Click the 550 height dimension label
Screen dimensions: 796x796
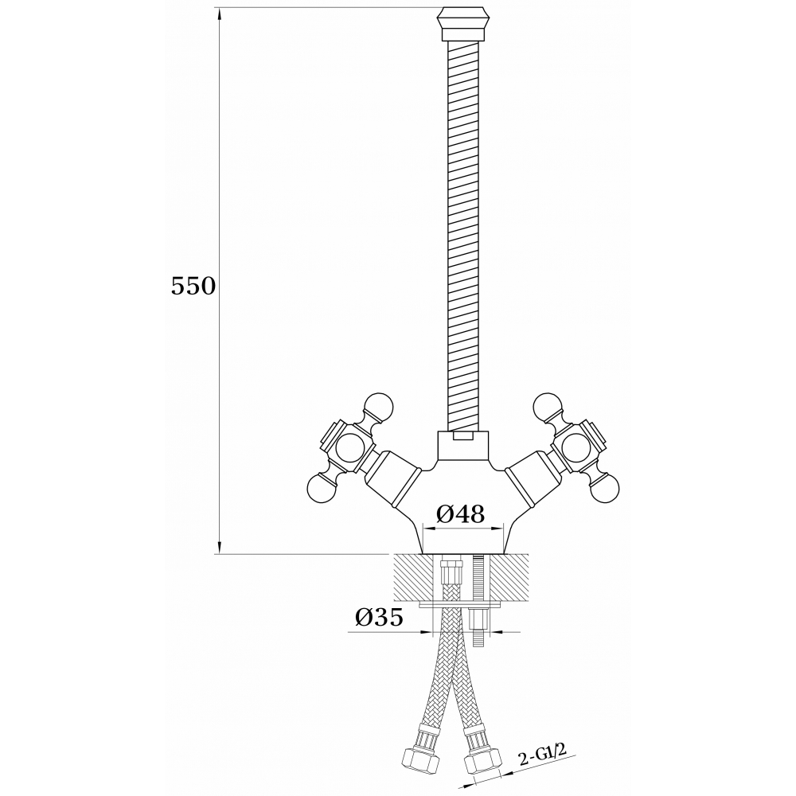pyautogui.click(x=193, y=287)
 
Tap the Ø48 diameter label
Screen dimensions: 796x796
pyautogui.click(x=460, y=514)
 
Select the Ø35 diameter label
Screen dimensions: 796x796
pyautogui.click(x=379, y=618)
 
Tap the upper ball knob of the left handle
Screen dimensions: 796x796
pyautogui.click(x=378, y=407)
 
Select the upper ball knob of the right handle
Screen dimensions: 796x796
pyautogui.click(x=548, y=407)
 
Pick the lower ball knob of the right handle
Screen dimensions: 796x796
pyautogui.click(x=605, y=488)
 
